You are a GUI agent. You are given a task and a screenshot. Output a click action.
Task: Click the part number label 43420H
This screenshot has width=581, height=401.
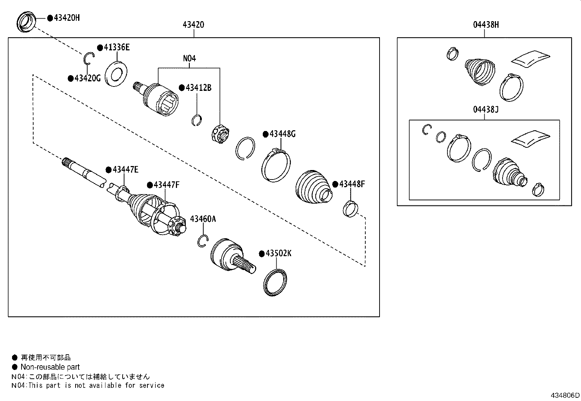pyautogui.click(x=66, y=18)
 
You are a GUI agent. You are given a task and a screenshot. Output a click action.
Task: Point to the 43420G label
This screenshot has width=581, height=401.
pyautogui.click(x=87, y=78)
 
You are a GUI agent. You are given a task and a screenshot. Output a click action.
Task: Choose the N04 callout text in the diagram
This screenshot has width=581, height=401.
pyautogui.click(x=189, y=58)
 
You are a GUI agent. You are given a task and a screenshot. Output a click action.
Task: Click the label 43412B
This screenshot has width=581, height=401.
pyautogui.click(x=198, y=88)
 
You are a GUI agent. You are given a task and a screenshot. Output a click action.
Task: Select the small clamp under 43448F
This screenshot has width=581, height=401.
pyautogui.click(x=350, y=209)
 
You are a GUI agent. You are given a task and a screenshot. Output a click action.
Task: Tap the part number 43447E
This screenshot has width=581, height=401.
pyautogui.click(x=126, y=170)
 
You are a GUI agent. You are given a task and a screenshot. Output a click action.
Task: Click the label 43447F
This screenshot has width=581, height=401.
pyautogui.click(x=166, y=185)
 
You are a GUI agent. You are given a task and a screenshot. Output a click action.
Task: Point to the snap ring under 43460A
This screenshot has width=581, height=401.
pyautogui.click(x=203, y=240)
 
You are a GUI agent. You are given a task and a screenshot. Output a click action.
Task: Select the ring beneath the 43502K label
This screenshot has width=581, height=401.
pyautogui.click(x=275, y=281)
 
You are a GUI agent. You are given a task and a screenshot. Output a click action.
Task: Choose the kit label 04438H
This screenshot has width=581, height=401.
pyautogui.click(x=486, y=25)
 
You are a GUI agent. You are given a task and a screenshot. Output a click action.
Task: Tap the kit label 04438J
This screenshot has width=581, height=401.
pyautogui.click(x=486, y=109)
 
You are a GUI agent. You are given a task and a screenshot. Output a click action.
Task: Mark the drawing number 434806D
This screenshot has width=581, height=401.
pyautogui.click(x=565, y=395)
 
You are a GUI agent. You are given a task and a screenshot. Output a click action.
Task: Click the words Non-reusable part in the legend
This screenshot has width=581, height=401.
pyautogui.click(x=50, y=367)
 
